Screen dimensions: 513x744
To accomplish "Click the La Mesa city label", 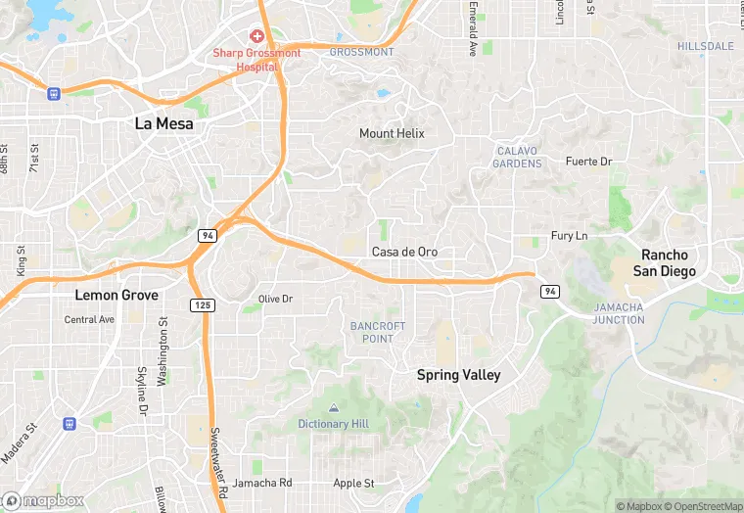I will click(x=163, y=124).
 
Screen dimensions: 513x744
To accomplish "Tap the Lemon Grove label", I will click(x=117, y=295).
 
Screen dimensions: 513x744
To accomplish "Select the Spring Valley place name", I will click(x=458, y=375).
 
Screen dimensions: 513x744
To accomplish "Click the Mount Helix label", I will click(x=392, y=133).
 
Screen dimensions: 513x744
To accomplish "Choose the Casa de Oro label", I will click(x=404, y=252).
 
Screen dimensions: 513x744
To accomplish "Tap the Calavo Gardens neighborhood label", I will click(x=519, y=157).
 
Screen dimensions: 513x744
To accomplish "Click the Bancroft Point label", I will click(x=372, y=332).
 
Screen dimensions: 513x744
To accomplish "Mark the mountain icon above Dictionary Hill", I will click(x=335, y=407).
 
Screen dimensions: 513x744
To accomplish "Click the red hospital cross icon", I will click(x=257, y=36).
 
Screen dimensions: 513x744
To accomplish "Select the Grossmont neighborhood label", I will click(x=361, y=52).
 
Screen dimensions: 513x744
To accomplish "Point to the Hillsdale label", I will click(x=706, y=46).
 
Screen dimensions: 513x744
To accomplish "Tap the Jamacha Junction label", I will click(x=619, y=313).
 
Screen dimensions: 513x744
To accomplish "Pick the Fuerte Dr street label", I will click(x=588, y=161).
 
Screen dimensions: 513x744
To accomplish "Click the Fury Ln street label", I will click(x=569, y=236).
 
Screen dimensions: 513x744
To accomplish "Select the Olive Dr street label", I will click(x=275, y=299).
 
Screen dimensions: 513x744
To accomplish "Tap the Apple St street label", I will click(x=354, y=483).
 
